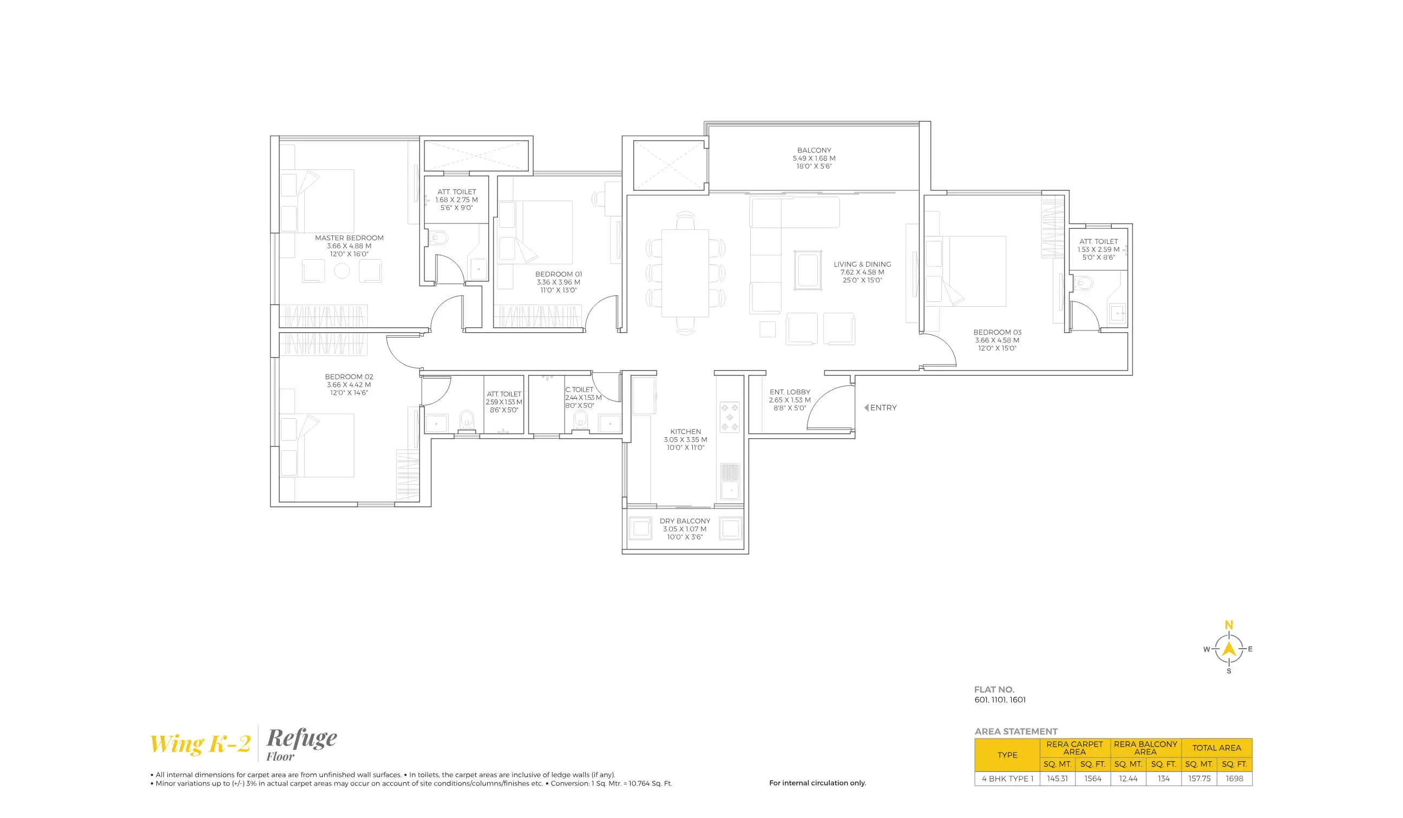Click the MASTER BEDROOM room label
click(x=349, y=238)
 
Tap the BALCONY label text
click(x=814, y=150)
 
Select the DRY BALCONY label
click(x=685, y=522)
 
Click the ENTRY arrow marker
click(x=866, y=408)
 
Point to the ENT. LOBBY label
click(x=790, y=392)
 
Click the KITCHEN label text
click(x=685, y=432)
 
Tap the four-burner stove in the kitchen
click(x=730, y=417)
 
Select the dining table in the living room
click(x=685, y=273)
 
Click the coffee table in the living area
click(x=807, y=271)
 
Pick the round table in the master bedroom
click(x=342, y=271)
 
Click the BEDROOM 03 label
click(x=997, y=332)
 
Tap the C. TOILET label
click(x=579, y=390)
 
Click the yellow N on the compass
click(x=1229, y=625)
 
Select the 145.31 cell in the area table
click(x=1057, y=779)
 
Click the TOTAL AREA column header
click(x=1216, y=748)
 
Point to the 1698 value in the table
click(x=1234, y=779)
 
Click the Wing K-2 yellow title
click(x=200, y=744)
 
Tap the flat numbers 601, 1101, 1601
click(x=1000, y=700)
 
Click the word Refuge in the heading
click(x=301, y=738)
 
